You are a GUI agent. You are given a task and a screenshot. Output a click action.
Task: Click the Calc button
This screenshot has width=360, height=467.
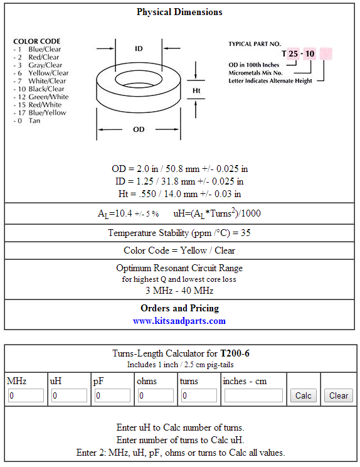coord(304,395)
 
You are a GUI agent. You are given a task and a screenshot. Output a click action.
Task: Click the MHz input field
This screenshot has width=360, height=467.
coord(26,396)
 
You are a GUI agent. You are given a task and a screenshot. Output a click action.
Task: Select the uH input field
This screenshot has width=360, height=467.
coord(69,396)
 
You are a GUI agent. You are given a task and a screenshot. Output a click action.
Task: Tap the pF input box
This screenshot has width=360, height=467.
coord(112,396)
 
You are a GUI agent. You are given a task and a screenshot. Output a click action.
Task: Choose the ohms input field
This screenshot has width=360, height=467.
coord(156,396)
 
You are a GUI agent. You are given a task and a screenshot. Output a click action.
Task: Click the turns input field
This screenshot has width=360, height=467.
coord(199,396)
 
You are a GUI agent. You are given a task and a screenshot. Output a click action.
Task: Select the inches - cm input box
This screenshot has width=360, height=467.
coord(253,396)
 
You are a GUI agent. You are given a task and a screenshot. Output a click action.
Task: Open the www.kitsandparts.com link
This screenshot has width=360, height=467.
coord(179,321)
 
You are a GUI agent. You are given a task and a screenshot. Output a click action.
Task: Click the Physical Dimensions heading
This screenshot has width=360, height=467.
coord(179,12)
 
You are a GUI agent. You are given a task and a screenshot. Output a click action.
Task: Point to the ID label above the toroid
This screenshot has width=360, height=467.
coord(139,48)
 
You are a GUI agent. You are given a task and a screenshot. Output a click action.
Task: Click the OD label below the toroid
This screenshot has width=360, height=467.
coord(139,129)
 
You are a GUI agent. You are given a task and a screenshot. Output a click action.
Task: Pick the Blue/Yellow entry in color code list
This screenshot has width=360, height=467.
coord(47,113)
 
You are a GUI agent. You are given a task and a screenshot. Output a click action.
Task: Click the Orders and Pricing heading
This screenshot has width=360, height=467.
coord(179,308)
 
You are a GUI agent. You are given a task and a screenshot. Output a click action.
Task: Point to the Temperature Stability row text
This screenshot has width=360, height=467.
coord(179,233)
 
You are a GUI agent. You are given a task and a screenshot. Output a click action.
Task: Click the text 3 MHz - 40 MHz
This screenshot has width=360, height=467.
coord(179,291)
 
